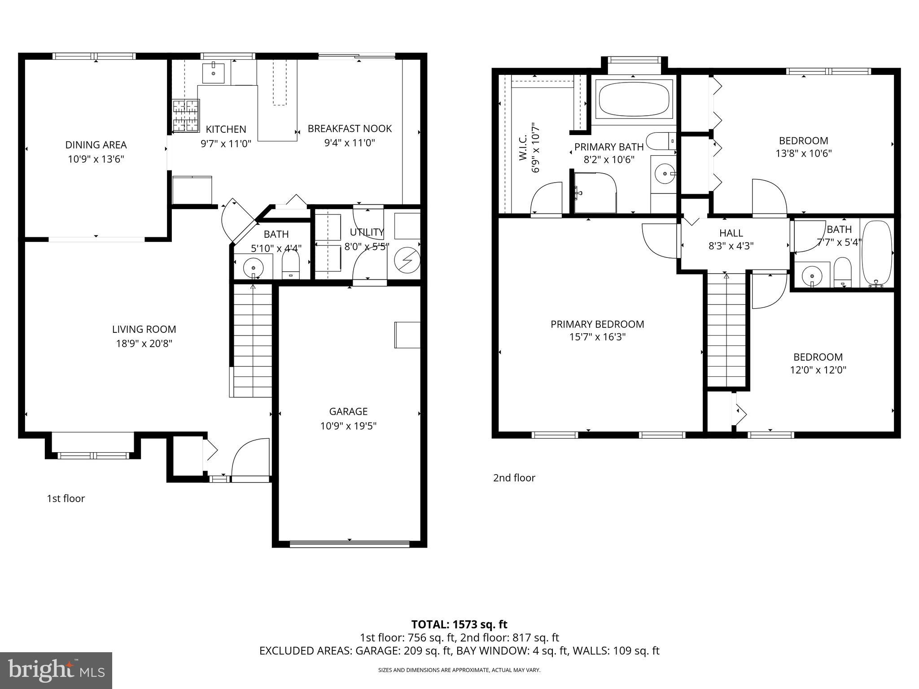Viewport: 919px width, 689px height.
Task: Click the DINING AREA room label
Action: (96, 145)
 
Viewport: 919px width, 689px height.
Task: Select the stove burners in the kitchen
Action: (186, 116)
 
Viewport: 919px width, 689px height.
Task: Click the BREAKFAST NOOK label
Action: (350, 129)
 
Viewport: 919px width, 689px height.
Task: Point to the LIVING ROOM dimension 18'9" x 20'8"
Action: (144, 344)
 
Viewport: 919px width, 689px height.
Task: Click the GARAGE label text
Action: (348, 411)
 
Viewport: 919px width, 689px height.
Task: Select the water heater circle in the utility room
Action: (407, 260)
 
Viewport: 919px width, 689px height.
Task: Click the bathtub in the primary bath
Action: (634, 100)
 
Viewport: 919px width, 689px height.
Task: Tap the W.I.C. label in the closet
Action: (523, 148)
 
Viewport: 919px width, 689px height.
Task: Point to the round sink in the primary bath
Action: (664, 173)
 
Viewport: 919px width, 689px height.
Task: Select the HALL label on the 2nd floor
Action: (731, 233)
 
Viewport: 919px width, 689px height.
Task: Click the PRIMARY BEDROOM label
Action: (597, 324)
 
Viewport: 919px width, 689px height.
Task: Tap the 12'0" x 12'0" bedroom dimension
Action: (818, 370)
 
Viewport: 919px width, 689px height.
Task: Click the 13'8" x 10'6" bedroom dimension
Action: (804, 153)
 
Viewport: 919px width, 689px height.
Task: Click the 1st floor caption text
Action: (66, 498)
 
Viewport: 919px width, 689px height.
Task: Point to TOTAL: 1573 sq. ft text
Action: (459, 624)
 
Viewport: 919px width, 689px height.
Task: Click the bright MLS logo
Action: (56, 670)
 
